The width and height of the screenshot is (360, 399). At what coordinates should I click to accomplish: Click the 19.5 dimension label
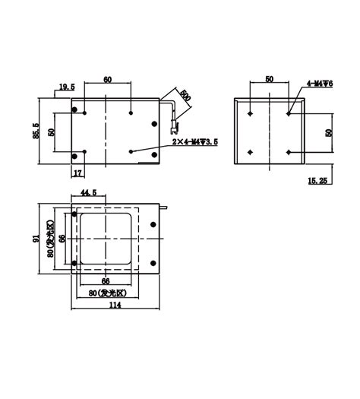(x=66, y=88)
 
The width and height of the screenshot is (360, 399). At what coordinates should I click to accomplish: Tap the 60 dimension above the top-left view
(x=108, y=79)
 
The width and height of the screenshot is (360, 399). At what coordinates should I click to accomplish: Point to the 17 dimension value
(x=78, y=173)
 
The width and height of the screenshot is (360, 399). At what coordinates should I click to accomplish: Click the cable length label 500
(x=185, y=100)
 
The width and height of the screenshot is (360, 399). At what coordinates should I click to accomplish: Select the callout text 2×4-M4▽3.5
(x=194, y=141)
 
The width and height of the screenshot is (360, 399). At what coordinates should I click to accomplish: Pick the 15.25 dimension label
(x=317, y=181)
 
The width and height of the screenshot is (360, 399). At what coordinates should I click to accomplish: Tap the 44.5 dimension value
(x=88, y=193)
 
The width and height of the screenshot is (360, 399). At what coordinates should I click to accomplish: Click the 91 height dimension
(x=36, y=238)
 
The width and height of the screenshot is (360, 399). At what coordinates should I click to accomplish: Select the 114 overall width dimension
(x=115, y=306)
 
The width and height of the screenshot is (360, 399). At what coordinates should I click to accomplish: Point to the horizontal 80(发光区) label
(x=105, y=292)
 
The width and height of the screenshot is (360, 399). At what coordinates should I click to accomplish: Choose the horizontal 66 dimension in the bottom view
(x=106, y=280)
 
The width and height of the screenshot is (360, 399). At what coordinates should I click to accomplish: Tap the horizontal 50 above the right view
(x=269, y=79)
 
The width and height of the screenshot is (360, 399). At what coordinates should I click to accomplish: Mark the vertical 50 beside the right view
(x=329, y=132)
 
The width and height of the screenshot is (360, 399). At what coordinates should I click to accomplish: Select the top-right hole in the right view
(x=289, y=113)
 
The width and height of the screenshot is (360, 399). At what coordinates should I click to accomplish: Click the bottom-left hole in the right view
(x=250, y=152)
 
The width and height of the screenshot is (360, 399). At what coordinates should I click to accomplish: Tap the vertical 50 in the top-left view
(x=52, y=131)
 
